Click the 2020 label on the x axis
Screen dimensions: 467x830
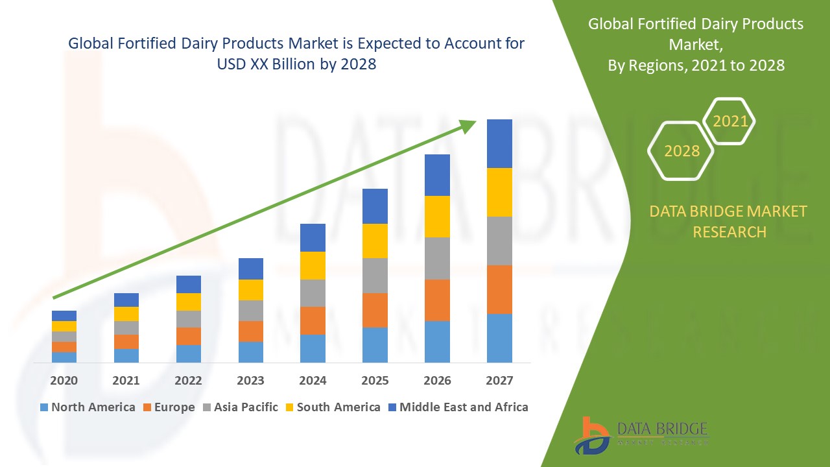click(64, 380)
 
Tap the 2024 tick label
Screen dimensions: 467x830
click(313, 380)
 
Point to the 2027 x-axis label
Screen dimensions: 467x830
click(499, 380)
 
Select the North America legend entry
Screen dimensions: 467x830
click(88, 407)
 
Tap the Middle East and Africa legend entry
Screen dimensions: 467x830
click(458, 407)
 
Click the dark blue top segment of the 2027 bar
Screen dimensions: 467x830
click(499, 143)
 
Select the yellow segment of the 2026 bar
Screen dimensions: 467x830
click(437, 217)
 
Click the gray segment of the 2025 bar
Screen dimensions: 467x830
click(375, 276)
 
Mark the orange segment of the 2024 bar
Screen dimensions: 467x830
click(313, 320)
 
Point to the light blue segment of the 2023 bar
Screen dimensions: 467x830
click(250, 352)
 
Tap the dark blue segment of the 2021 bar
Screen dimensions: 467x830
click(126, 300)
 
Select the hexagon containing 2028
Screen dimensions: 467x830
click(681, 151)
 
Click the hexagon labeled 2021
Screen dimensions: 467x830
click(729, 121)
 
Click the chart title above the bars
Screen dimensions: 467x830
click(296, 54)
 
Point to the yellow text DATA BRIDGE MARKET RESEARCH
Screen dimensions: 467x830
click(729, 221)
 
